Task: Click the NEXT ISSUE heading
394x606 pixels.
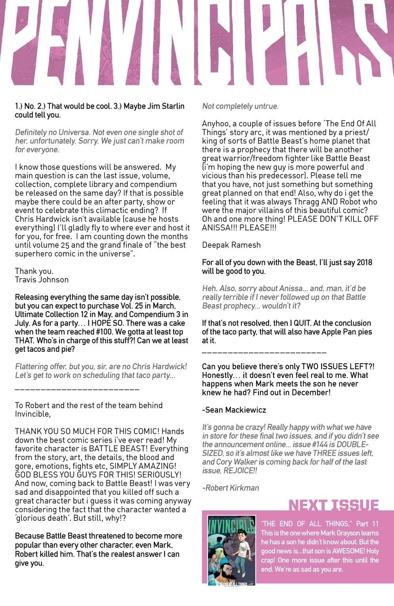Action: tap(333, 505)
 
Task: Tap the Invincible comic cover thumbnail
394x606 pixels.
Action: tap(231, 550)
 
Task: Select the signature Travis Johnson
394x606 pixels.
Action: tap(42, 280)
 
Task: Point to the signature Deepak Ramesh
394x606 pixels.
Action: tap(231, 245)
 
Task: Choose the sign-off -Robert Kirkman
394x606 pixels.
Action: tap(230, 488)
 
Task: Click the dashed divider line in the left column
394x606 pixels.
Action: tap(77, 389)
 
